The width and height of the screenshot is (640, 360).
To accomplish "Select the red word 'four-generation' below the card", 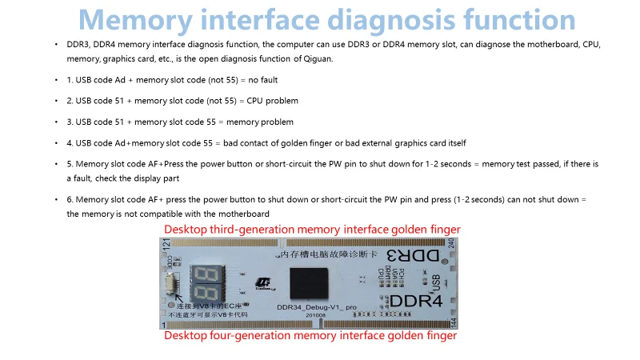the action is [239, 336].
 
